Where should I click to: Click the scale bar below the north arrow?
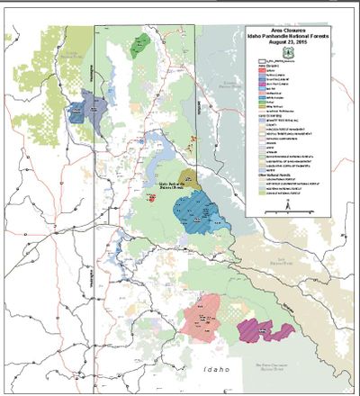pos(286,217)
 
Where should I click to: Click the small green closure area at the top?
pos(138,49)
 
